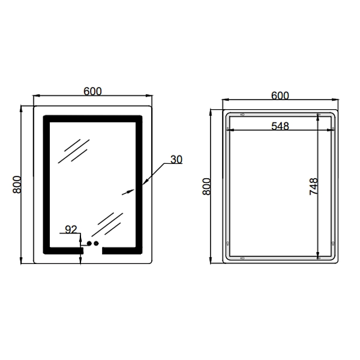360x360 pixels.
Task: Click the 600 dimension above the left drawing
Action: pyautogui.click(x=92, y=91)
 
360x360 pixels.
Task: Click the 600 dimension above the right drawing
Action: pyautogui.click(x=280, y=95)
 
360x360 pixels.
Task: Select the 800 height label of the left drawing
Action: pyautogui.click(x=17, y=185)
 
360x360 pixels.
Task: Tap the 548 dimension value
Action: pyautogui.click(x=280, y=126)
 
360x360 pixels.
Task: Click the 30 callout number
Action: pyautogui.click(x=176, y=159)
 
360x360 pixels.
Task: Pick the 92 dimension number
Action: pyautogui.click(x=71, y=229)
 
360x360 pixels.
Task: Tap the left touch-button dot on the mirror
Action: pyautogui.click(x=89, y=243)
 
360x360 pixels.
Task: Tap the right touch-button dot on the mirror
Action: pyautogui.click(x=96, y=243)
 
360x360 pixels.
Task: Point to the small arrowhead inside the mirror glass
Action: pyautogui.click(x=125, y=193)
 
